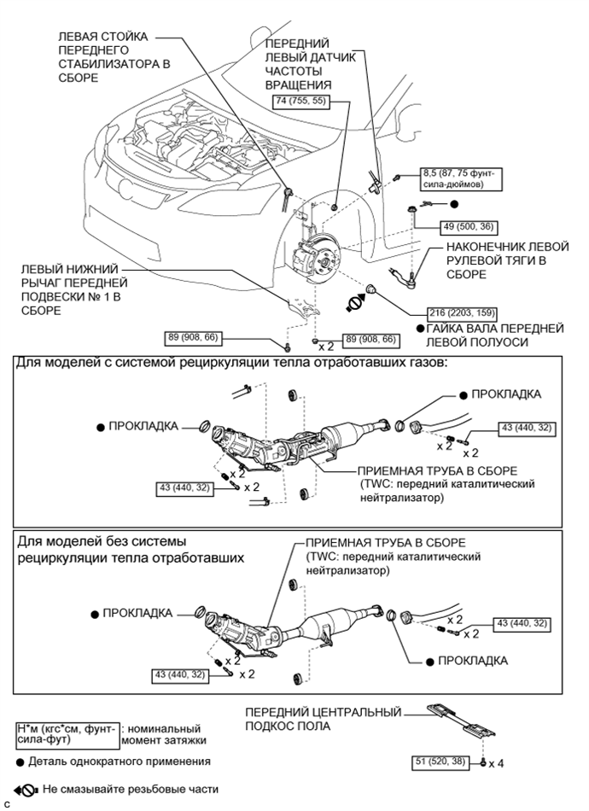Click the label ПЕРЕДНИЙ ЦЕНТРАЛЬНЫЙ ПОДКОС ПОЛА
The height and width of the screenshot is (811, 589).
pos(323,718)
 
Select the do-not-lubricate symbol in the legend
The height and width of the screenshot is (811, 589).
pos(24,790)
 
